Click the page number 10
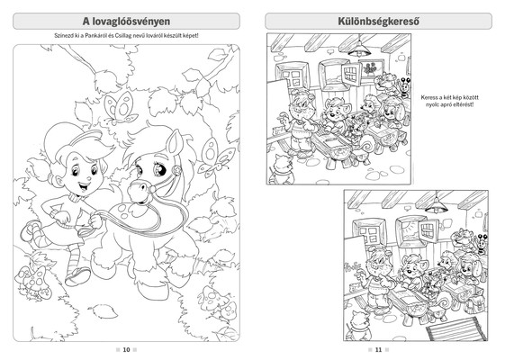[126, 350]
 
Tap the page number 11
[378, 350]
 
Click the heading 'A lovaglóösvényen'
[126, 22]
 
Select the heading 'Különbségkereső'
[378, 22]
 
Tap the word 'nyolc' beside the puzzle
[432, 104]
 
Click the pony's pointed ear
[176, 141]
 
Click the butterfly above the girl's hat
[120, 108]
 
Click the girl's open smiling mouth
[84, 187]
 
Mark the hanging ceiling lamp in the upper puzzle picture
[360, 48]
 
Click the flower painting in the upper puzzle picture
[370, 68]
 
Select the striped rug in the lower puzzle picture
[456, 328]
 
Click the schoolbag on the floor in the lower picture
[473, 301]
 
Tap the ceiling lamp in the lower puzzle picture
[436, 204]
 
